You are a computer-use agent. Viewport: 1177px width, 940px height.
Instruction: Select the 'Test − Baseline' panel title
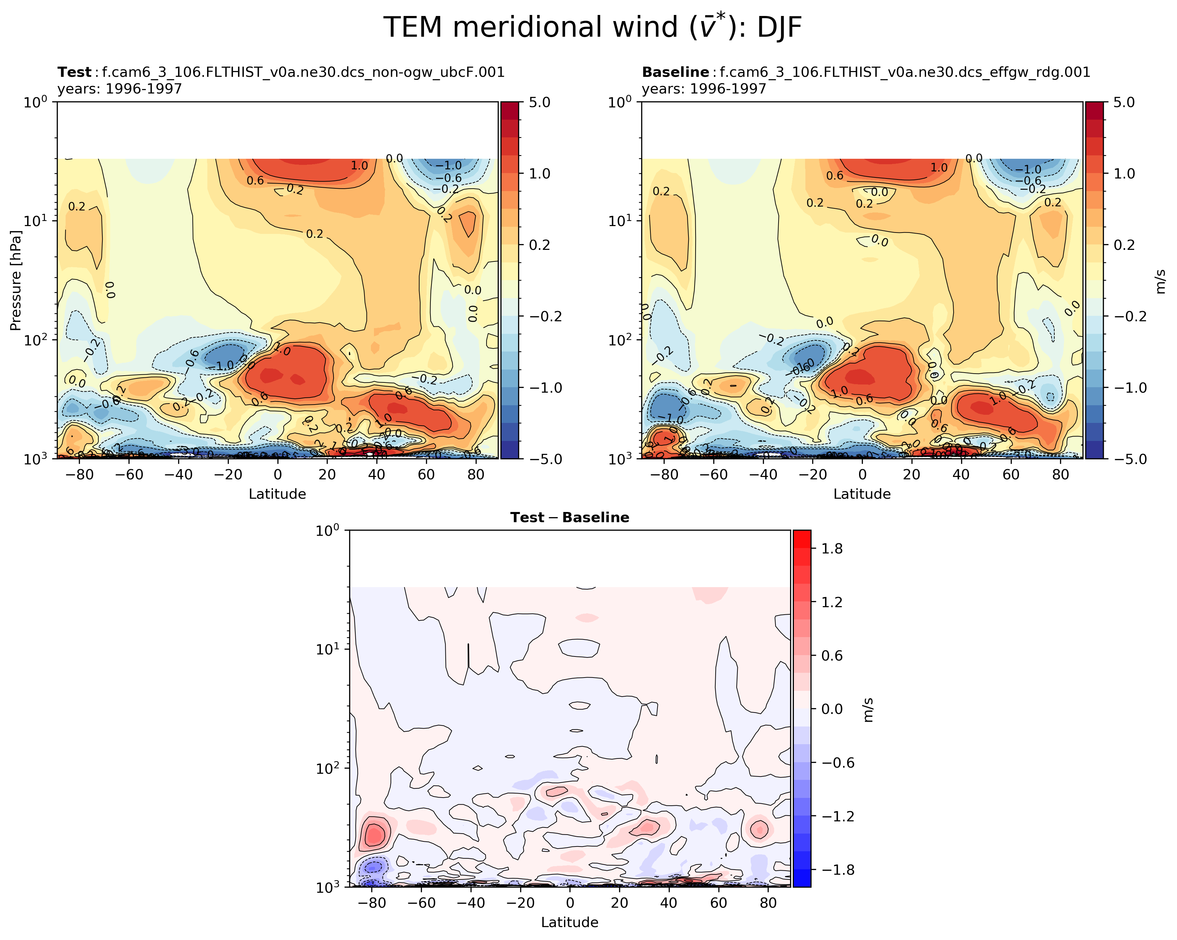(x=569, y=517)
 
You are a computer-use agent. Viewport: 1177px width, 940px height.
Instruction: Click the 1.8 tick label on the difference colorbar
(x=832, y=549)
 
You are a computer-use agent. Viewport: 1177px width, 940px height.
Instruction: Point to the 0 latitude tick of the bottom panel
(x=569, y=903)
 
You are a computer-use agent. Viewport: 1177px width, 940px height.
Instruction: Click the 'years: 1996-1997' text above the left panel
(x=120, y=88)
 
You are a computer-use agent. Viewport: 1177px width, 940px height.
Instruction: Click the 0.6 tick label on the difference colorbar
(x=832, y=655)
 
